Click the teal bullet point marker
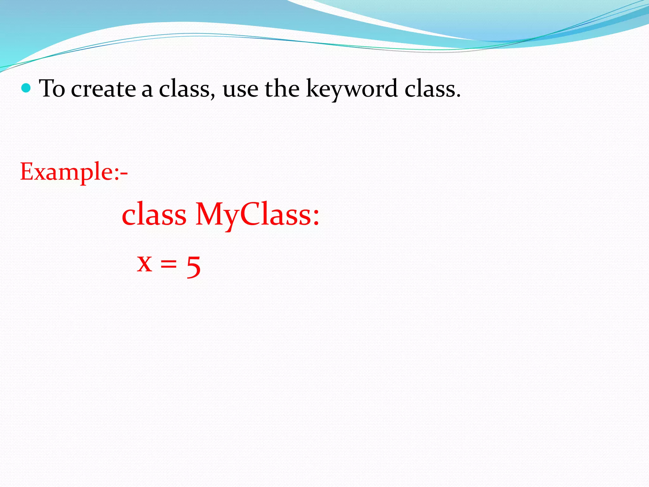point(26,88)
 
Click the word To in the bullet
point(52,88)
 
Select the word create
point(103,89)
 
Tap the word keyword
point(351,89)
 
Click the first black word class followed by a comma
point(184,89)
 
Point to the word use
point(240,90)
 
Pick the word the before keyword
point(282,88)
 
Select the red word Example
point(65,172)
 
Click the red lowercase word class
point(154,215)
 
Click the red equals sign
point(168,264)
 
